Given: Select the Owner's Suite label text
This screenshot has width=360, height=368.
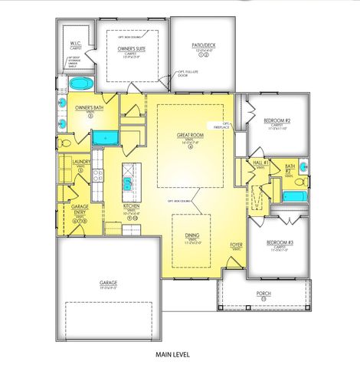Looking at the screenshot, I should click(x=133, y=48).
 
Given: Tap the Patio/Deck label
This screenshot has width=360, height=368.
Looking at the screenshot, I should click(x=203, y=45).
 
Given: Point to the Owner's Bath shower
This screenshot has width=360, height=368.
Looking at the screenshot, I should click(x=106, y=138).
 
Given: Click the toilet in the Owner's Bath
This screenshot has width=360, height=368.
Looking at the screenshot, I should click(x=64, y=143).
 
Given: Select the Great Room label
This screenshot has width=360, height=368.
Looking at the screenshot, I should click(x=189, y=136).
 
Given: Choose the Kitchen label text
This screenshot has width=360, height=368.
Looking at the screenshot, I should click(x=131, y=207).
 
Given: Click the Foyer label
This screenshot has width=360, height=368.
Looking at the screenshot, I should click(x=237, y=245).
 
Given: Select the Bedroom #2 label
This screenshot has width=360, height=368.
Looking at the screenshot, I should click(x=277, y=122).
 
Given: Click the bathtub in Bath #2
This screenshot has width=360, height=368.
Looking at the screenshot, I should click(x=294, y=196).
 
